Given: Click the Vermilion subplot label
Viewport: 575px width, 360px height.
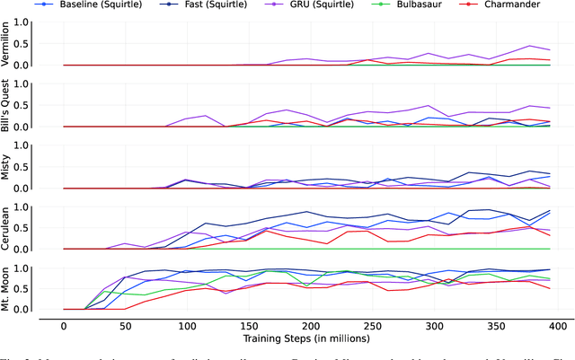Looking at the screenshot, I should pyautogui.click(x=8, y=44).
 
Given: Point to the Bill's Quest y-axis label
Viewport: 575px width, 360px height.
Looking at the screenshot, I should pyautogui.click(x=8, y=105).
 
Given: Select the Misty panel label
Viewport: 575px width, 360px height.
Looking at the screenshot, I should pyautogui.click(x=8, y=167).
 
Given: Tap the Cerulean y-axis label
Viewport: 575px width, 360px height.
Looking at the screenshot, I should pyautogui.click(x=8, y=228).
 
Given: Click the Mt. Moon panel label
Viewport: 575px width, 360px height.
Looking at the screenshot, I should pyautogui.click(x=8, y=289).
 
